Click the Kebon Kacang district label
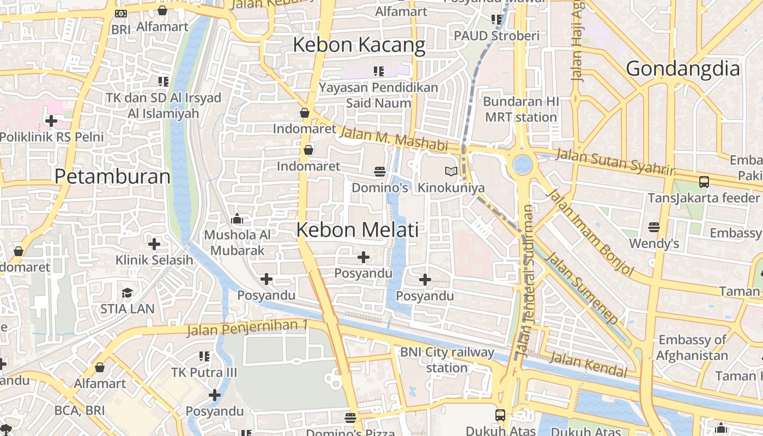pyautogui.click(x=359, y=45)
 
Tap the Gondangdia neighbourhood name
pyautogui.click(x=683, y=69)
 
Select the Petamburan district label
pyautogui.click(x=112, y=177)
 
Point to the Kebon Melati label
pyautogui.click(x=358, y=230)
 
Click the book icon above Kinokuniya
pyautogui.click(x=451, y=172)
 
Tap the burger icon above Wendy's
pyautogui.click(x=654, y=227)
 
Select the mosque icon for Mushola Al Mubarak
pyautogui.click(x=237, y=219)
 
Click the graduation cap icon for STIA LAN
pyautogui.click(x=127, y=293)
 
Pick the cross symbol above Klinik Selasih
pyautogui.click(x=154, y=244)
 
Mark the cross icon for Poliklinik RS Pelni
pyautogui.click(x=51, y=120)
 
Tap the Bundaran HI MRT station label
pyautogui.click(x=520, y=109)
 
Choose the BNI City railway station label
pyautogui.click(x=447, y=360)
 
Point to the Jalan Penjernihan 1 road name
pyautogui.click(x=247, y=328)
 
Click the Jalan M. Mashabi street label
pyautogui.click(x=393, y=138)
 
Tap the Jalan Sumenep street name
pyautogui.click(x=583, y=287)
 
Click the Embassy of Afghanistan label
pyautogui.click(x=692, y=348)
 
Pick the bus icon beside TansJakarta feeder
pyautogui.click(x=704, y=182)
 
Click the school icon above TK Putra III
pyautogui.click(x=204, y=356)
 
